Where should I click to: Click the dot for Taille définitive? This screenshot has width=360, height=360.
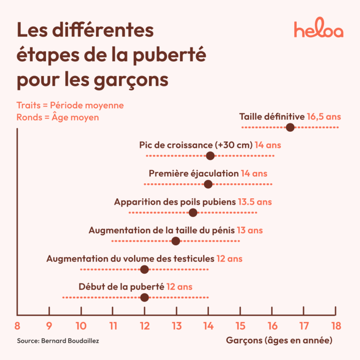coord(290,127)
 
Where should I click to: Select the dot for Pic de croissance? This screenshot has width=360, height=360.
coord(210,156)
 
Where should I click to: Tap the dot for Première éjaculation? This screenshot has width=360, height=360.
coord(208,184)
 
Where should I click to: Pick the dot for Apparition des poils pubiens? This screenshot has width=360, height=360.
coord(193,213)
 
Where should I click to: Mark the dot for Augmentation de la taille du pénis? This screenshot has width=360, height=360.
coord(176,241)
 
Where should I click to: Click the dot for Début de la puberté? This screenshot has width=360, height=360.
coord(144,297)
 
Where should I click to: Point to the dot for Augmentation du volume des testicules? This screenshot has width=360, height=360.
coord(144,269)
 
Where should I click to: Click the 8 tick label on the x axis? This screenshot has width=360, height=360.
coord(17,325)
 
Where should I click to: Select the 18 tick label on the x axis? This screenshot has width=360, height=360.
coord(336,325)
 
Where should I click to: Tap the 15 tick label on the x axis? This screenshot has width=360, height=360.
coord(240,325)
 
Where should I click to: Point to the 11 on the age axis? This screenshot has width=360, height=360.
coord(112,325)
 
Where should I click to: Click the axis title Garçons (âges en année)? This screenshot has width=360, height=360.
coord(279,341)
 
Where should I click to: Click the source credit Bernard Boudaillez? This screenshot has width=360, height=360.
coord(58,341)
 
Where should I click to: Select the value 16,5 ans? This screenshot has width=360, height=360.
coord(324,117)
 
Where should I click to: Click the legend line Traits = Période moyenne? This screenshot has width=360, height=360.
coord(70,105)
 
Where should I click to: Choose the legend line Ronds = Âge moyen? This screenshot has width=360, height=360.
coord(58,117)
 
